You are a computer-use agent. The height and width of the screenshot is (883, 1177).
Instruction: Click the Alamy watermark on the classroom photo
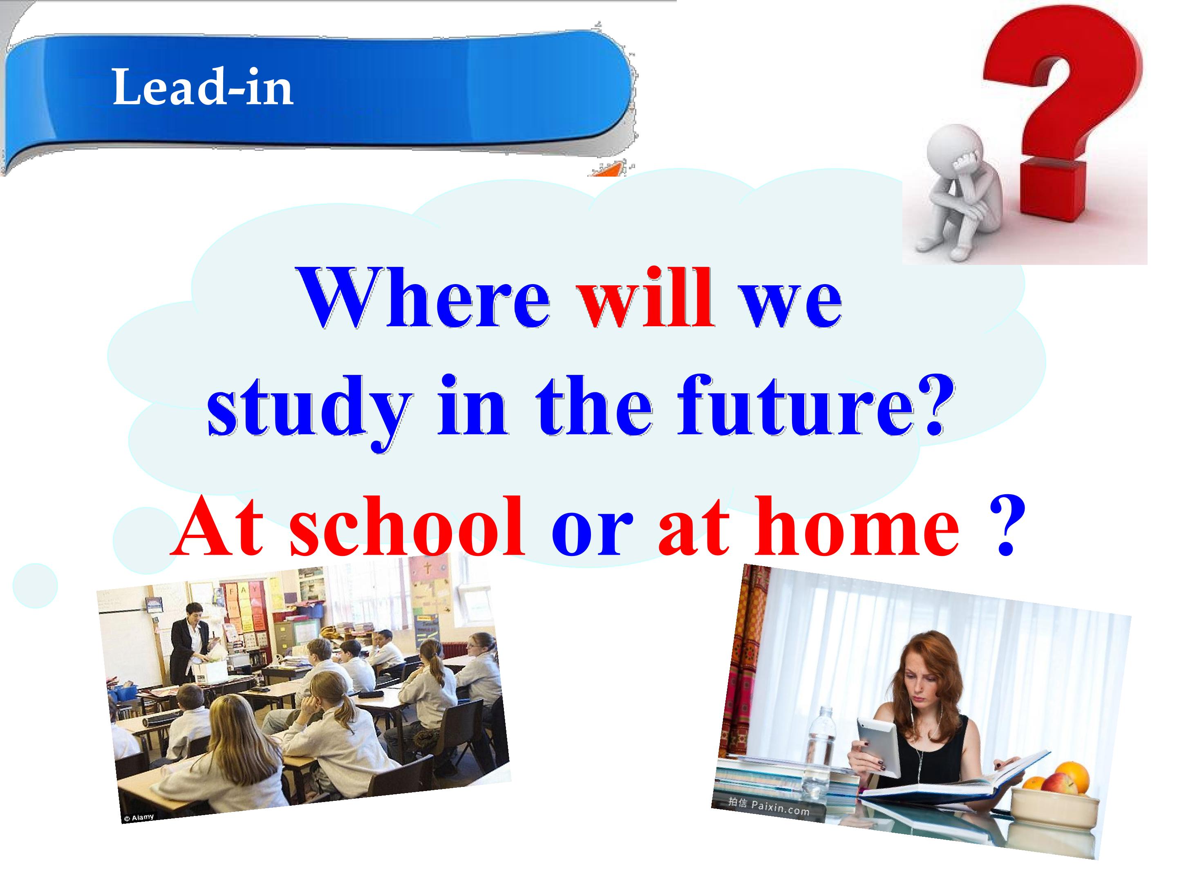(x=139, y=817)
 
